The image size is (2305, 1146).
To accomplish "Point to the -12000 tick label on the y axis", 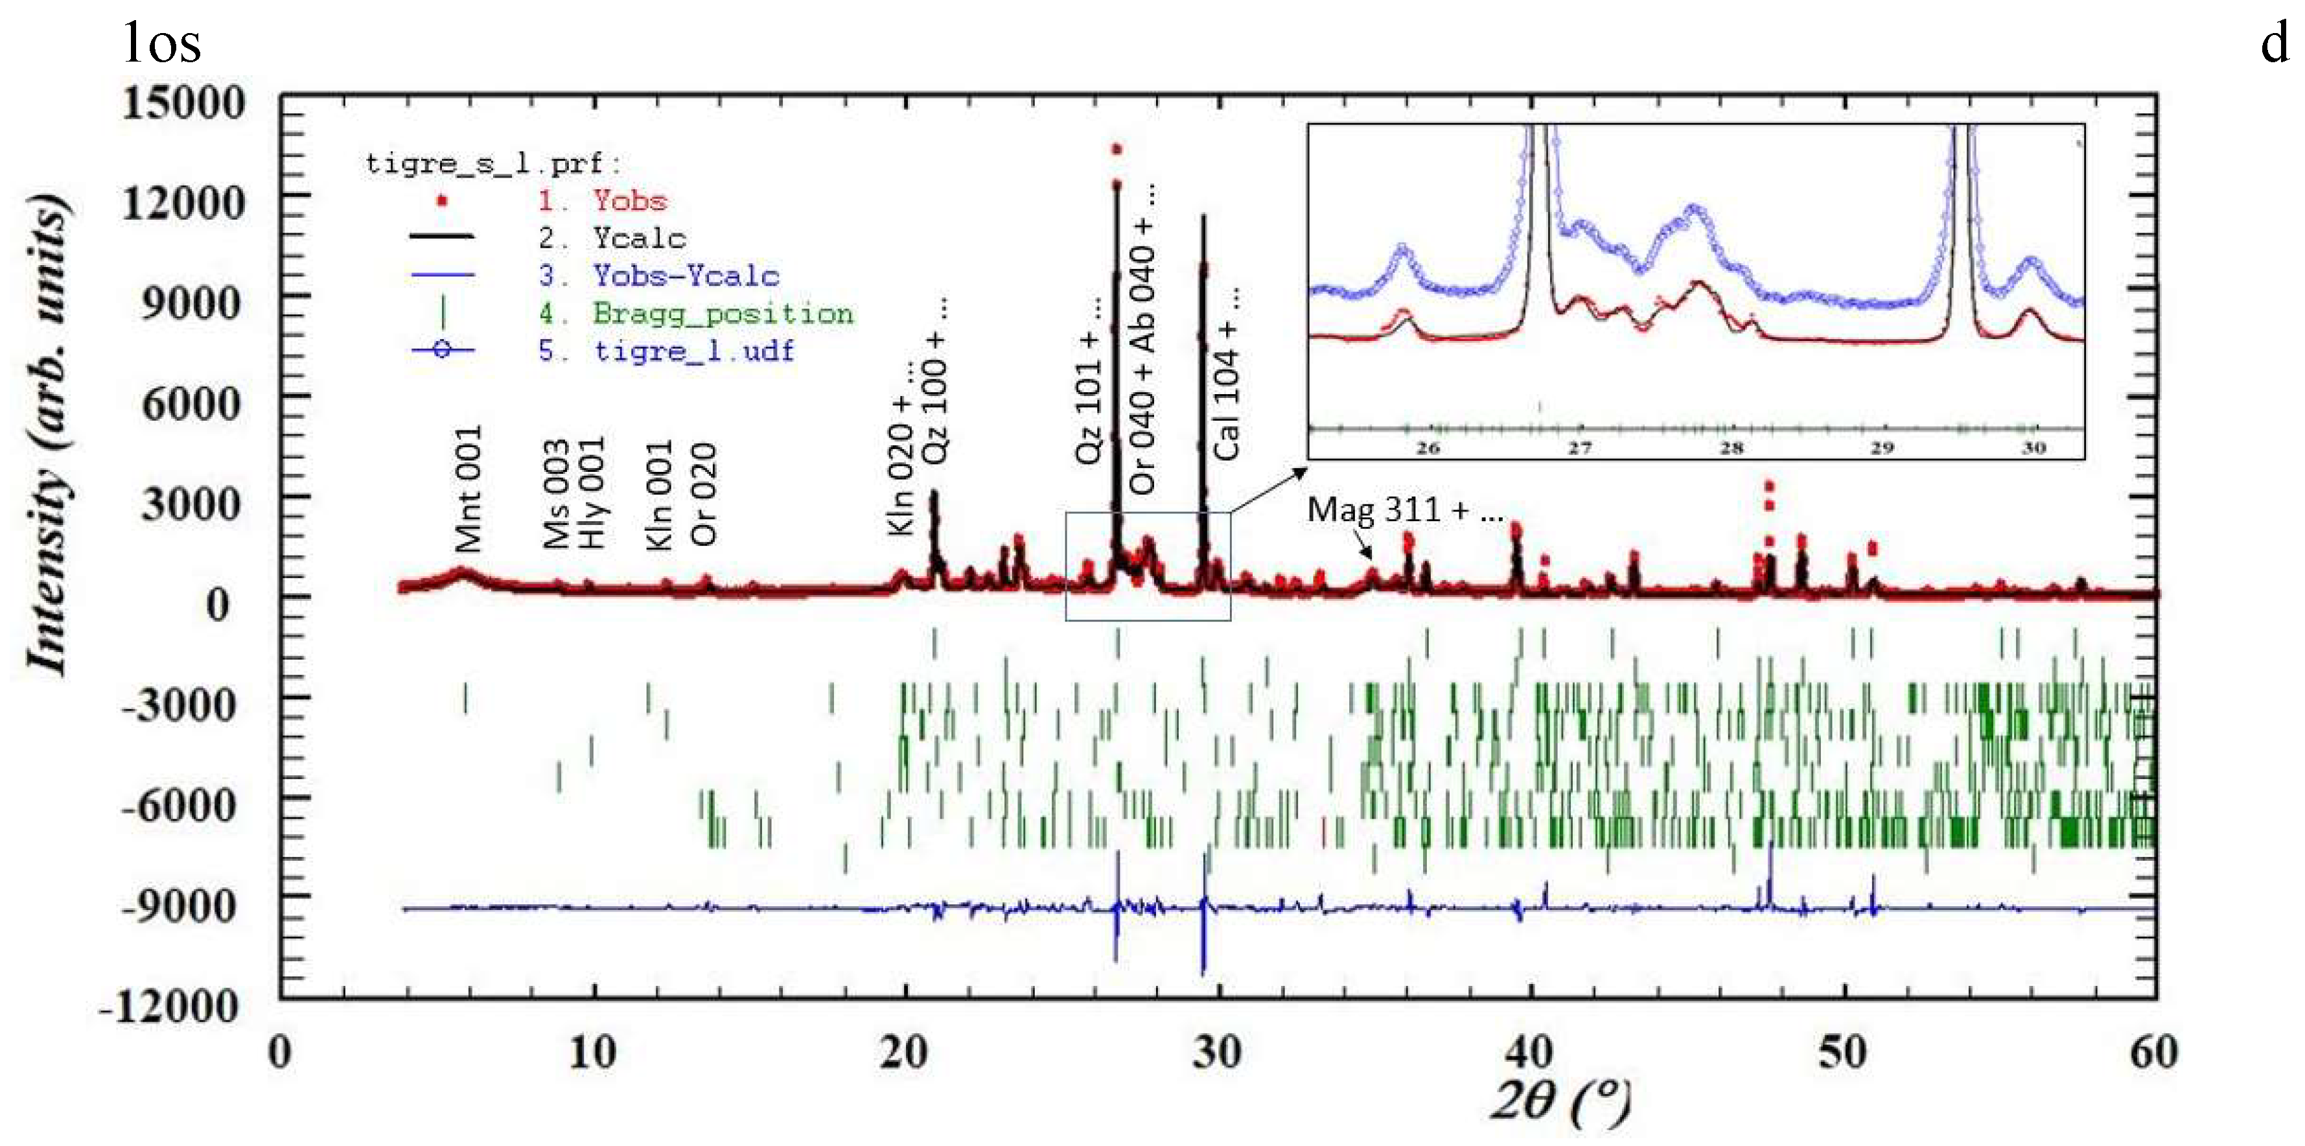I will pos(170,1007).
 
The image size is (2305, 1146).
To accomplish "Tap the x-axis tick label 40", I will pos(1528,1052).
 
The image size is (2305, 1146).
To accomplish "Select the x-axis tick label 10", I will pos(592,1052).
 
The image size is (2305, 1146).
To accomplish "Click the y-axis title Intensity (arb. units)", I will pos(47,434).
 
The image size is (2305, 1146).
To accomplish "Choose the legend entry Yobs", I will pos(629,200).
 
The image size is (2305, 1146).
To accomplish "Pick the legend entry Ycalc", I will pos(638,238).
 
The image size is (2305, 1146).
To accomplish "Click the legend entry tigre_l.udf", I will pos(693,350).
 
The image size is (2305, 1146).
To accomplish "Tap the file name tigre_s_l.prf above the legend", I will pos(491,164).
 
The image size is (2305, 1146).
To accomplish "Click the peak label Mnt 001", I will pos(468,488).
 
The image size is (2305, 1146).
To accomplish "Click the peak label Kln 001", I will pos(660,494).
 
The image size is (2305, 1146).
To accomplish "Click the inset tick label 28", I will pos(1732,448).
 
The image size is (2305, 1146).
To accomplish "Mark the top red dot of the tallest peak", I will pos(1116,150).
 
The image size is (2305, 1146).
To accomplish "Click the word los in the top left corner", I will pos(162,43).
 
